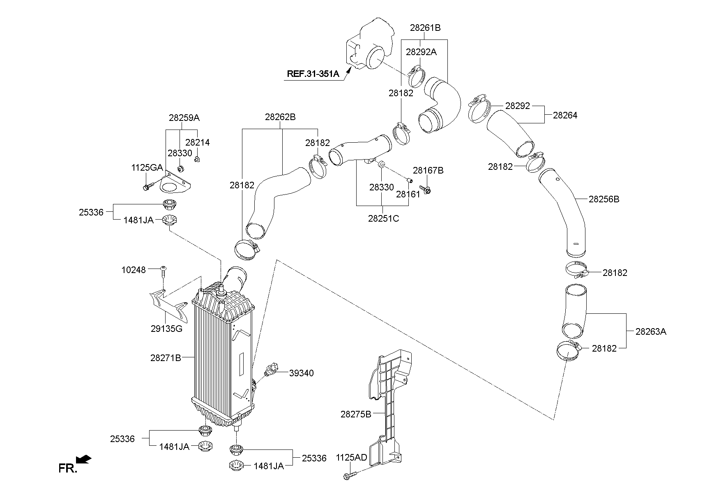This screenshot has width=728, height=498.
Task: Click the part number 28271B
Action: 166,358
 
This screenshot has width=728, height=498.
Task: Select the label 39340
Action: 301,373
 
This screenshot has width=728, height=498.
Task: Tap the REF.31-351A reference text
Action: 313,74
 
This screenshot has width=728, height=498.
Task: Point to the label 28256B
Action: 604,199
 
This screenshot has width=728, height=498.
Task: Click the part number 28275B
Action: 355,414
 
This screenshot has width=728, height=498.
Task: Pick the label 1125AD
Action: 351,458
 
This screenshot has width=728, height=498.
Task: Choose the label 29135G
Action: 167,329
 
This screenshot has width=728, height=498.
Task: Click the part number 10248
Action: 134,270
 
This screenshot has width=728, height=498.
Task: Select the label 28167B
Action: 428,170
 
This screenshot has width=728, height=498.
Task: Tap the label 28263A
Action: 651,331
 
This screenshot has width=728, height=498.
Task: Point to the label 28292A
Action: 421,52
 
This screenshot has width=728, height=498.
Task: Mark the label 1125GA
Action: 147,167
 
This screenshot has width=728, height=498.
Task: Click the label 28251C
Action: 383,218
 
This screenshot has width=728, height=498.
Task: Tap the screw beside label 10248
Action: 164,272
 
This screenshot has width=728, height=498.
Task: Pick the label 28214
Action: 197,143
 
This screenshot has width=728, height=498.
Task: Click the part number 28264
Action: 565,115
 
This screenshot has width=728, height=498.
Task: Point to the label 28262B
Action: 280,117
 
